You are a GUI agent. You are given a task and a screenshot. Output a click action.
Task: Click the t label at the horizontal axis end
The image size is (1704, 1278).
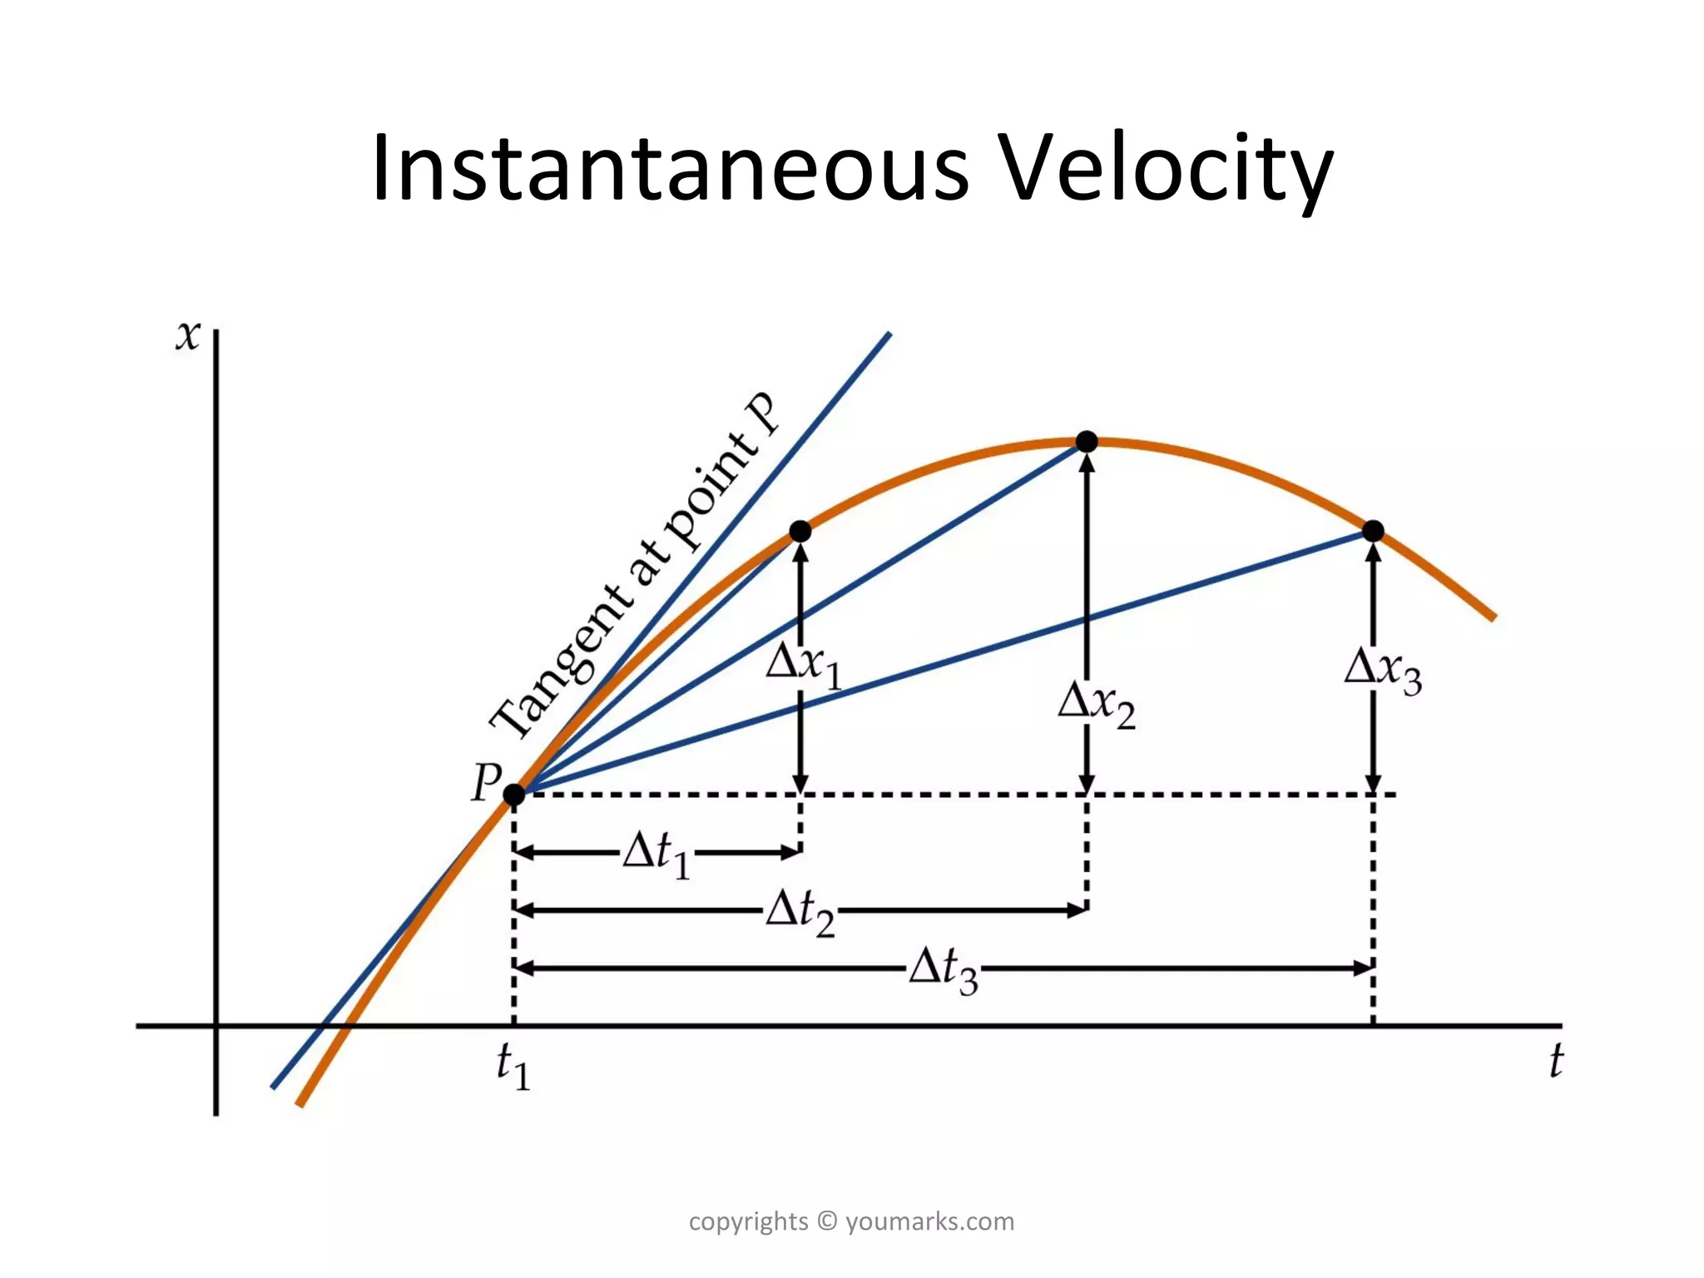[1555, 1062]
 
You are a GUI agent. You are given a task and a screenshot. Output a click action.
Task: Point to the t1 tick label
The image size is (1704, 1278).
[513, 1067]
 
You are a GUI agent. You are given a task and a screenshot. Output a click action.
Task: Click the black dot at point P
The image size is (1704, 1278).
[514, 795]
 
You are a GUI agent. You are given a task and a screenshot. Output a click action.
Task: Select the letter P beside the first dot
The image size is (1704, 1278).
[486, 782]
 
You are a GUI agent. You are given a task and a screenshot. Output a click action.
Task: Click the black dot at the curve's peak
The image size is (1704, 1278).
[1087, 442]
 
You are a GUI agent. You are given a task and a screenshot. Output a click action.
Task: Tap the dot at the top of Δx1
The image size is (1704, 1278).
[800, 531]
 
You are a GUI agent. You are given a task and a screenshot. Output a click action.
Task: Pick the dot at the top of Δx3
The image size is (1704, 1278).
[1373, 531]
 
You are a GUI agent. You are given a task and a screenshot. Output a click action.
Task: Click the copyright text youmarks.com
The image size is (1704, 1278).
[929, 1221]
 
